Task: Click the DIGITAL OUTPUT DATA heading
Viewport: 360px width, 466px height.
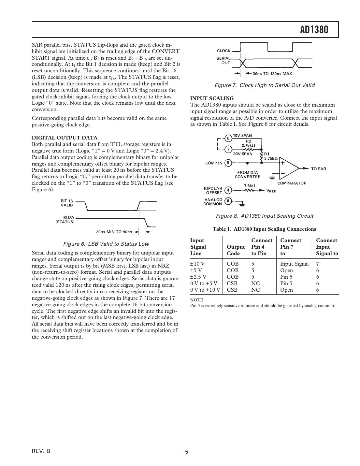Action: pos(64,138)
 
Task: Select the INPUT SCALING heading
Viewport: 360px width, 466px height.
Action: pos(212,98)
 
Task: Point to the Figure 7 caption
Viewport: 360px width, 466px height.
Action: pos(265,85)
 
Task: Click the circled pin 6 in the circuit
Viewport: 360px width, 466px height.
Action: pos(228,138)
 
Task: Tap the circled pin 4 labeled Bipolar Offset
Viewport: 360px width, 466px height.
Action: pos(228,190)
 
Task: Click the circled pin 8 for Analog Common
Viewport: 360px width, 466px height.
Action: pos(228,201)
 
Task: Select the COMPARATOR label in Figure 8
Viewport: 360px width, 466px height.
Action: pos(292,183)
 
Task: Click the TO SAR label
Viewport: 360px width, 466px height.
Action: pos(318,168)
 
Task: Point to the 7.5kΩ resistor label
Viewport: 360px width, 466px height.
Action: pos(250,185)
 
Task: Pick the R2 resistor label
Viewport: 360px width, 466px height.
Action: pos(248,141)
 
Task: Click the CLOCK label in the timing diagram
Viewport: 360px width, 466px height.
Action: pos(223,51)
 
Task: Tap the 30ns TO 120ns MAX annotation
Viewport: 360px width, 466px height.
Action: pos(272,74)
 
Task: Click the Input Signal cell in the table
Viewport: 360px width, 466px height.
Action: pos(294,264)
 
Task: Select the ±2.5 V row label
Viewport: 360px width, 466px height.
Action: pos(199,277)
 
